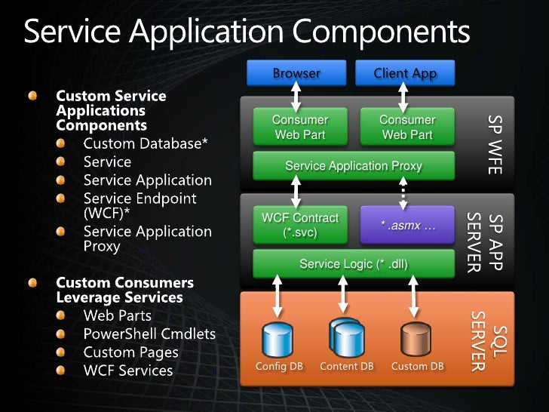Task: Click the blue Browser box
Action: point(296,73)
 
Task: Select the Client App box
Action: point(405,73)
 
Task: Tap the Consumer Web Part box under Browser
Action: point(300,127)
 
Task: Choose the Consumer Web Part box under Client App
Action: point(407,127)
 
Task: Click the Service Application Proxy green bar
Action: point(354,165)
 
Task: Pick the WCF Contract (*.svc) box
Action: point(300,225)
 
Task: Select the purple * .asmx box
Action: point(408,225)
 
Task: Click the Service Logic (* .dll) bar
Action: point(354,264)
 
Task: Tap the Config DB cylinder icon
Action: point(278,340)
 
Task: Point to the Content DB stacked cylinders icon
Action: point(347,337)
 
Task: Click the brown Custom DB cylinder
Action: point(416,340)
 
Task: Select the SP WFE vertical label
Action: point(494,144)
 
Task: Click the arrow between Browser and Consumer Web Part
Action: point(296,97)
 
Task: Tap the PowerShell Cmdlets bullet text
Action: point(149,334)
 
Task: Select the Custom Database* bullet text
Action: point(146,143)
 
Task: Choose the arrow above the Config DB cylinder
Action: point(278,299)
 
